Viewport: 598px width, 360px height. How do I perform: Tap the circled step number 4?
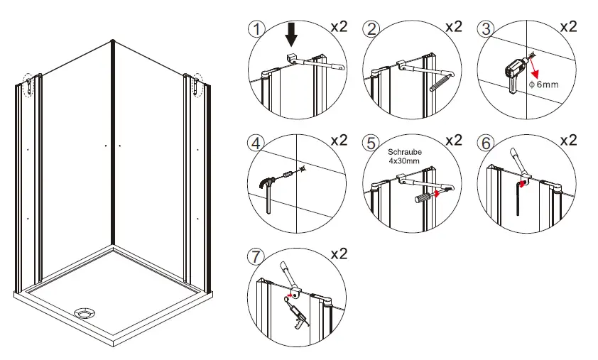pos(256,143)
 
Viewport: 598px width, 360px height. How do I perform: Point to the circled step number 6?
pos(486,143)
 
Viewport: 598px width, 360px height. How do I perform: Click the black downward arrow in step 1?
pos(291,36)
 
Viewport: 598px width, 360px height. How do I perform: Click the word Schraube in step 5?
pos(405,152)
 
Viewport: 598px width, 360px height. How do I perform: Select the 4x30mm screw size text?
pos(403,161)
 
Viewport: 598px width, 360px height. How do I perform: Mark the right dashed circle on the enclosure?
pos(197,84)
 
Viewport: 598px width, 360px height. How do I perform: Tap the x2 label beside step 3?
pos(568,27)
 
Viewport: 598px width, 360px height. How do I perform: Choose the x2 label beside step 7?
pos(339,254)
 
